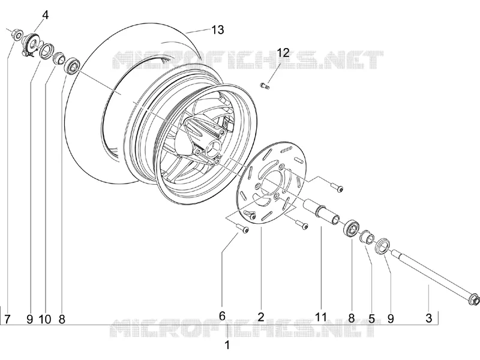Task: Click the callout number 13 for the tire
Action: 218,29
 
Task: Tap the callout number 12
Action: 283,53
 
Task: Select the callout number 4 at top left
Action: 46,15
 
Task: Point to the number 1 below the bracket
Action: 227,344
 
